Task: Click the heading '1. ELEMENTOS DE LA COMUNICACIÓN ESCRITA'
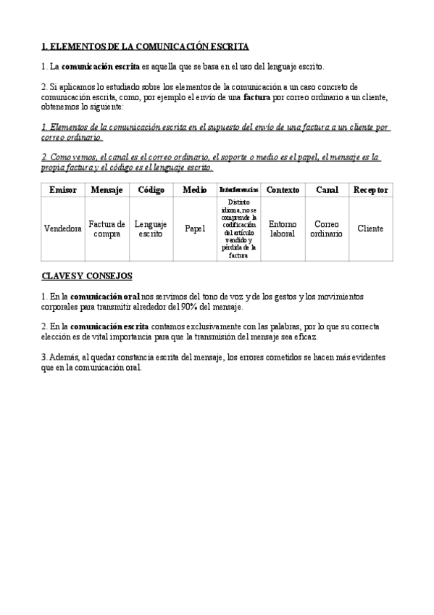(x=146, y=46)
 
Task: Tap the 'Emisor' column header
(x=62, y=190)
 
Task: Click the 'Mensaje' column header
(x=107, y=190)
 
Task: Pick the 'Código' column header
(x=151, y=190)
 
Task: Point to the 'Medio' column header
(x=194, y=190)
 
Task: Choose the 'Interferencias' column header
(x=238, y=190)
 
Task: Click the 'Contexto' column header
(x=283, y=190)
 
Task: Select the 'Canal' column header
(x=327, y=190)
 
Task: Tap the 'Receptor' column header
(x=370, y=190)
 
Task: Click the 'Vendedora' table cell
(x=62, y=229)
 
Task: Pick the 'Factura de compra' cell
(x=107, y=229)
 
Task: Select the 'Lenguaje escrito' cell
(x=151, y=229)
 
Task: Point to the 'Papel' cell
(x=194, y=229)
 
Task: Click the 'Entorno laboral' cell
(x=283, y=229)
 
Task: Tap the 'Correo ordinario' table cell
(x=327, y=229)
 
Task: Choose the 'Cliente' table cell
(x=370, y=229)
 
